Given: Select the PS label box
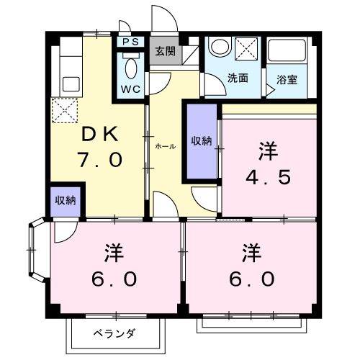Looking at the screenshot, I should click(130, 42).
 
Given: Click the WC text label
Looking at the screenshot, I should click(130, 89).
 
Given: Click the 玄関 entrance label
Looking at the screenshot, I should click(165, 50).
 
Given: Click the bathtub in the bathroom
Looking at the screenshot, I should click(288, 52).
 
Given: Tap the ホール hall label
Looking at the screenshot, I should click(165, 145).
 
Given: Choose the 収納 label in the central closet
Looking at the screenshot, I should click(201, 141).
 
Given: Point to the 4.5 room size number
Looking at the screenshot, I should click(268, 176).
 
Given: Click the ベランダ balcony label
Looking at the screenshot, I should click(114, 333).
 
